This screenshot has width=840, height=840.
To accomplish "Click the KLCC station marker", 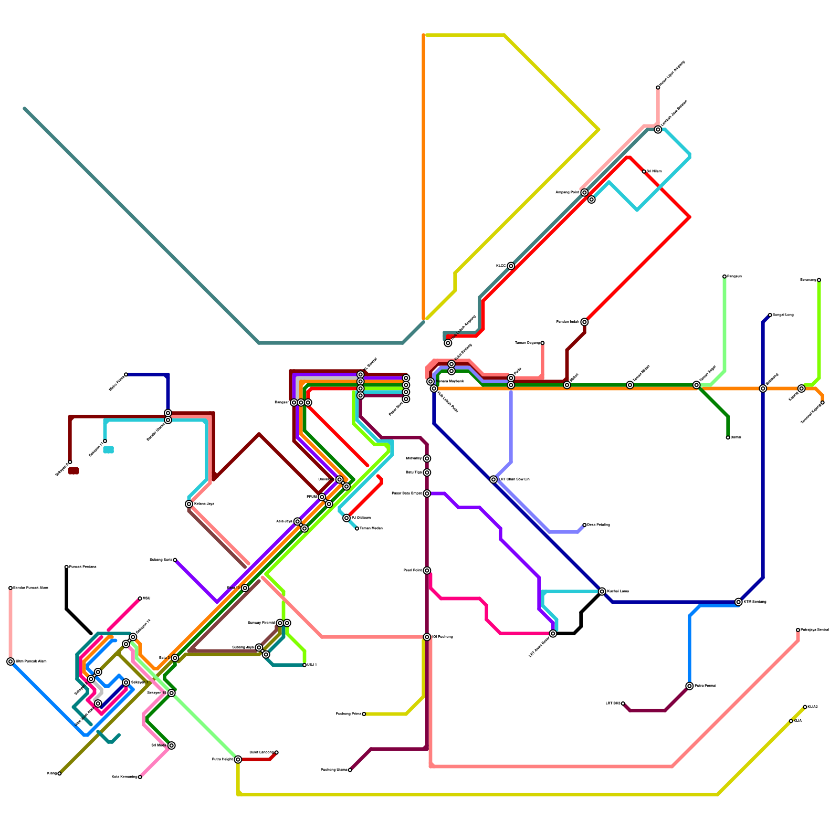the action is pos(511,266).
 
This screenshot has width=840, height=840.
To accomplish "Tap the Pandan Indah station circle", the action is pos(584,322).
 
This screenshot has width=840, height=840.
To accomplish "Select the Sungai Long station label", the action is pos(783,315).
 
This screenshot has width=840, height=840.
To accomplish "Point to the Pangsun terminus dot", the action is pos(724,276).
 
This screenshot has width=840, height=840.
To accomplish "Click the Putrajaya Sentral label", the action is pos(814,630).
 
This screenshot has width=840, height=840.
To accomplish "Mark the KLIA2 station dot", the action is pos(805,707).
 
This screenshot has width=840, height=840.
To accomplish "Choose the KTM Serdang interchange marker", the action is pos(739,602).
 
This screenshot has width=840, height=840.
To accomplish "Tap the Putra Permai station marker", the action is pos(689,686).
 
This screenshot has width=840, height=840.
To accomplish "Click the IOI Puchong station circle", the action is pos(427,637).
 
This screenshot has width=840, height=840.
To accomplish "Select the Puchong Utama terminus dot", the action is pos(350,770).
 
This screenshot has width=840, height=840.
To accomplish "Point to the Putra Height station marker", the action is pos(238,760).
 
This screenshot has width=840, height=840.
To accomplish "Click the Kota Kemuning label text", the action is pos(124,777).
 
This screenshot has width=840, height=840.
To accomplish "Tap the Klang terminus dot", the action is pos(59,773).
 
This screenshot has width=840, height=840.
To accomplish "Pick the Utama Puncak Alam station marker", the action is pos(10,661).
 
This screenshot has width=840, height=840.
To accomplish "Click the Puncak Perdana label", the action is pos(83,567).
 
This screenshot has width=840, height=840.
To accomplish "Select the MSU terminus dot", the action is pos(140,598).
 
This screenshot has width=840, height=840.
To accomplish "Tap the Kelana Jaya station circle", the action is pos(189,504).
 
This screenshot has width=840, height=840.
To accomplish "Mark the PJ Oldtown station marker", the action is pos(346,518).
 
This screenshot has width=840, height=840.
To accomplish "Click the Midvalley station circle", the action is pos(427,458).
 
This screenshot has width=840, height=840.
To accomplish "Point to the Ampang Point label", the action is pos(568,193).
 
